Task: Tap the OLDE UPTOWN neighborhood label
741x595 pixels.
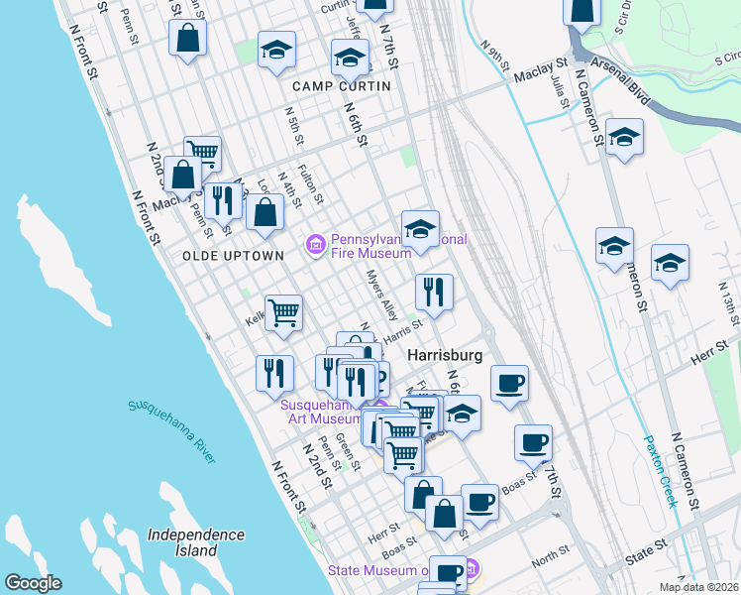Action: pos(233,255)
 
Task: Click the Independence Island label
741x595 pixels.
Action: pos(195,541)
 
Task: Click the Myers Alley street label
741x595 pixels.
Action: pos(382,296)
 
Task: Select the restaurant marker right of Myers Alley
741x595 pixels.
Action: pos(434,291)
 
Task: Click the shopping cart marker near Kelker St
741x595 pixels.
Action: pos(283,313)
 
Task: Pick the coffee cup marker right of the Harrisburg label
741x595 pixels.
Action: pos(509,383)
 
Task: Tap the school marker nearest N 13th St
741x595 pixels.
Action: pos(670,263)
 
